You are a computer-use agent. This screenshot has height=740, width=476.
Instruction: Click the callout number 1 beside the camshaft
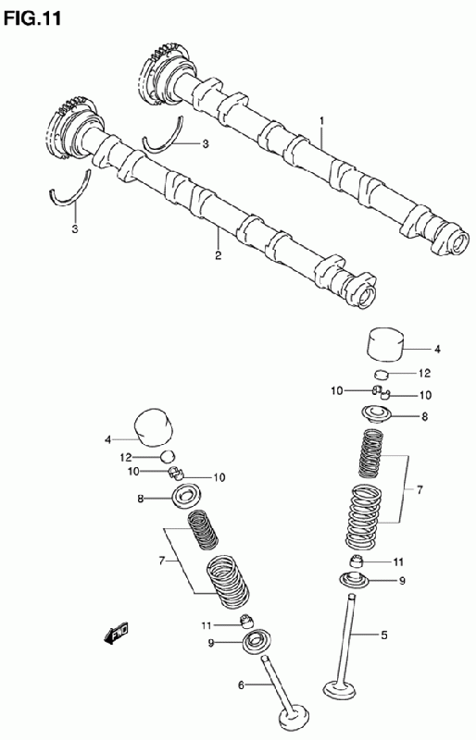pos(321,121)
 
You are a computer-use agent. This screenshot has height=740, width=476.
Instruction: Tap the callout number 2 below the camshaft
pos(218,256)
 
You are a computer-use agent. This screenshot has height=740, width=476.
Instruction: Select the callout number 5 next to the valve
pos(383,635)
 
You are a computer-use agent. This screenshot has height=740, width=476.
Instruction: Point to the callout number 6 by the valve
pos(241,684)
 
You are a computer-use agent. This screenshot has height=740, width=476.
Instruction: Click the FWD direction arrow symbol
pos(116,634)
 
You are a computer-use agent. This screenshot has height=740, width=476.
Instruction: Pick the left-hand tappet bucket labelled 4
pos(154,426)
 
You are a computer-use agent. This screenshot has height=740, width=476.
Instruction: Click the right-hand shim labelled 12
pos(381,375)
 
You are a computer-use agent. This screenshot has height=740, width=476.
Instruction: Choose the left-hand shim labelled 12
pos(168,456)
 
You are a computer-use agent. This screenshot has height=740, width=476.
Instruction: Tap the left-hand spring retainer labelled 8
pos(187,497)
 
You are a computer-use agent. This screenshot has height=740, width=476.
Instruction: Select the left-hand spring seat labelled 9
pos(257,642)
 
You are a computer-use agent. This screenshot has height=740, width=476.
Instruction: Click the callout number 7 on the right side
pos(420,490)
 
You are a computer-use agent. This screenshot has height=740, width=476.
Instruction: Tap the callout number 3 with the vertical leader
pos(75,229)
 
